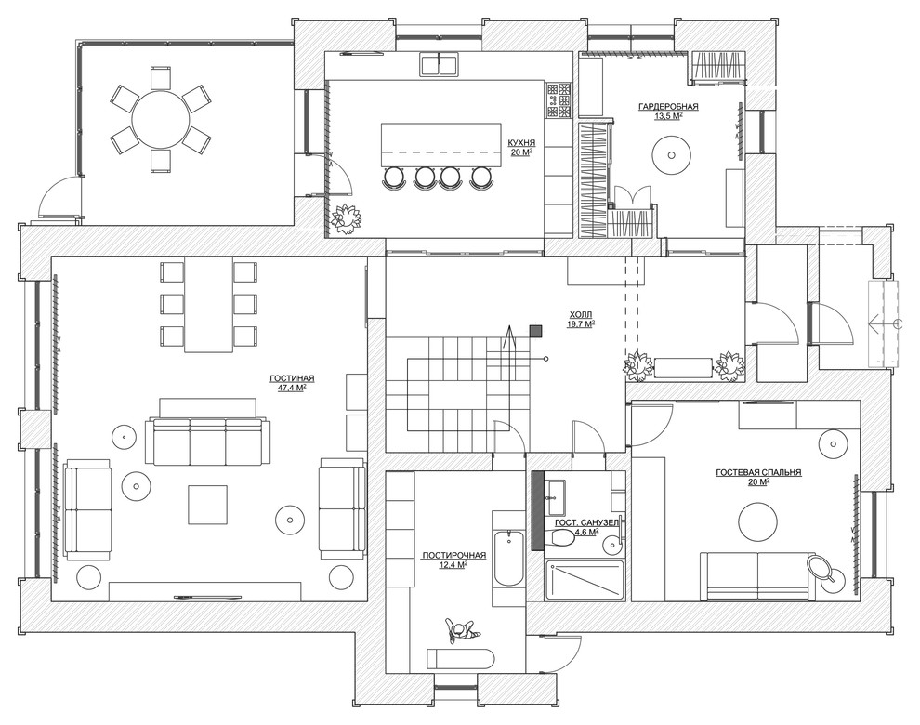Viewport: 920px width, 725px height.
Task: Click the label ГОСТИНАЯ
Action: click(292, 378)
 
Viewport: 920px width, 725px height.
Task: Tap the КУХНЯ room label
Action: click(521, 142)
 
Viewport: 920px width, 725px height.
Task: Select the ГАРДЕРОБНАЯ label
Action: click(668, 106)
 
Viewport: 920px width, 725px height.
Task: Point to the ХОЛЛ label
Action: click(580, 314)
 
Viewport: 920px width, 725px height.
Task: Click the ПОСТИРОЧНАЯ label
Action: click(454, 555)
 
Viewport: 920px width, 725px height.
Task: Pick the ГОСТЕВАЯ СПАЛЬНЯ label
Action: click(758, 472)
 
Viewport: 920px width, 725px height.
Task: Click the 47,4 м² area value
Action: click(292, 388)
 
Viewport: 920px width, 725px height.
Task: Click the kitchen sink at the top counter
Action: click(439, 63)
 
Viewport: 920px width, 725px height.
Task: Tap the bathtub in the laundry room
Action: click(507, 558)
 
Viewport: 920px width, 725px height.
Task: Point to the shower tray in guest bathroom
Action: click(584, 580)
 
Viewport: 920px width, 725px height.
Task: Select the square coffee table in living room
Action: click(208, 505)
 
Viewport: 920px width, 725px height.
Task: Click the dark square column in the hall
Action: click(535, 331)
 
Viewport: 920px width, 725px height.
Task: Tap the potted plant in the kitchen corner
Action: click(347, 218)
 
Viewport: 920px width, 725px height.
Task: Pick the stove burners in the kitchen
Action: click(559, 99)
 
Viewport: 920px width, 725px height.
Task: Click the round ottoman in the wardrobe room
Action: click(669, 155)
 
